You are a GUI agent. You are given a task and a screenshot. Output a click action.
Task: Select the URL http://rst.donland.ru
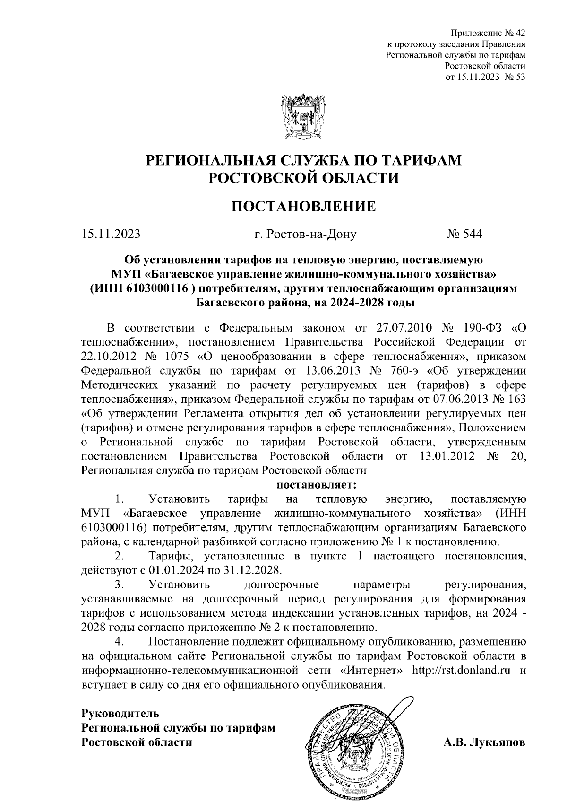coord(462,670)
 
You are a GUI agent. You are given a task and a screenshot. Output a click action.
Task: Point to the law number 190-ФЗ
coord(482,328)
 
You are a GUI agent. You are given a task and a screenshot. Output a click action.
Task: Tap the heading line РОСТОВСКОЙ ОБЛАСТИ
coord(304,178)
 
